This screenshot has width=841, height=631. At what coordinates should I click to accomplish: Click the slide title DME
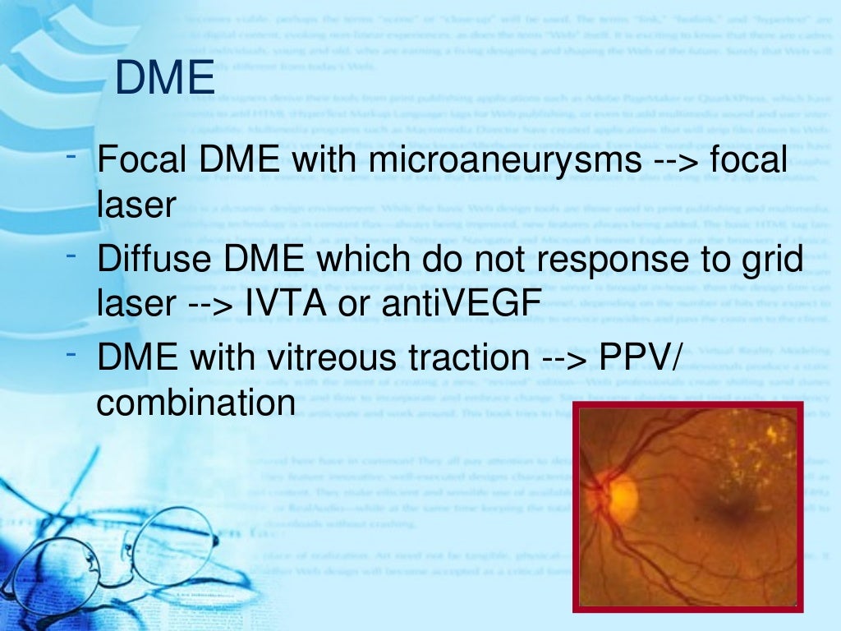point(165,80)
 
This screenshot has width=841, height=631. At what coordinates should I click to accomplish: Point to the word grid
point(771,261)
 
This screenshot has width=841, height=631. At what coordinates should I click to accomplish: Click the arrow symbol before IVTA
point(208,307)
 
